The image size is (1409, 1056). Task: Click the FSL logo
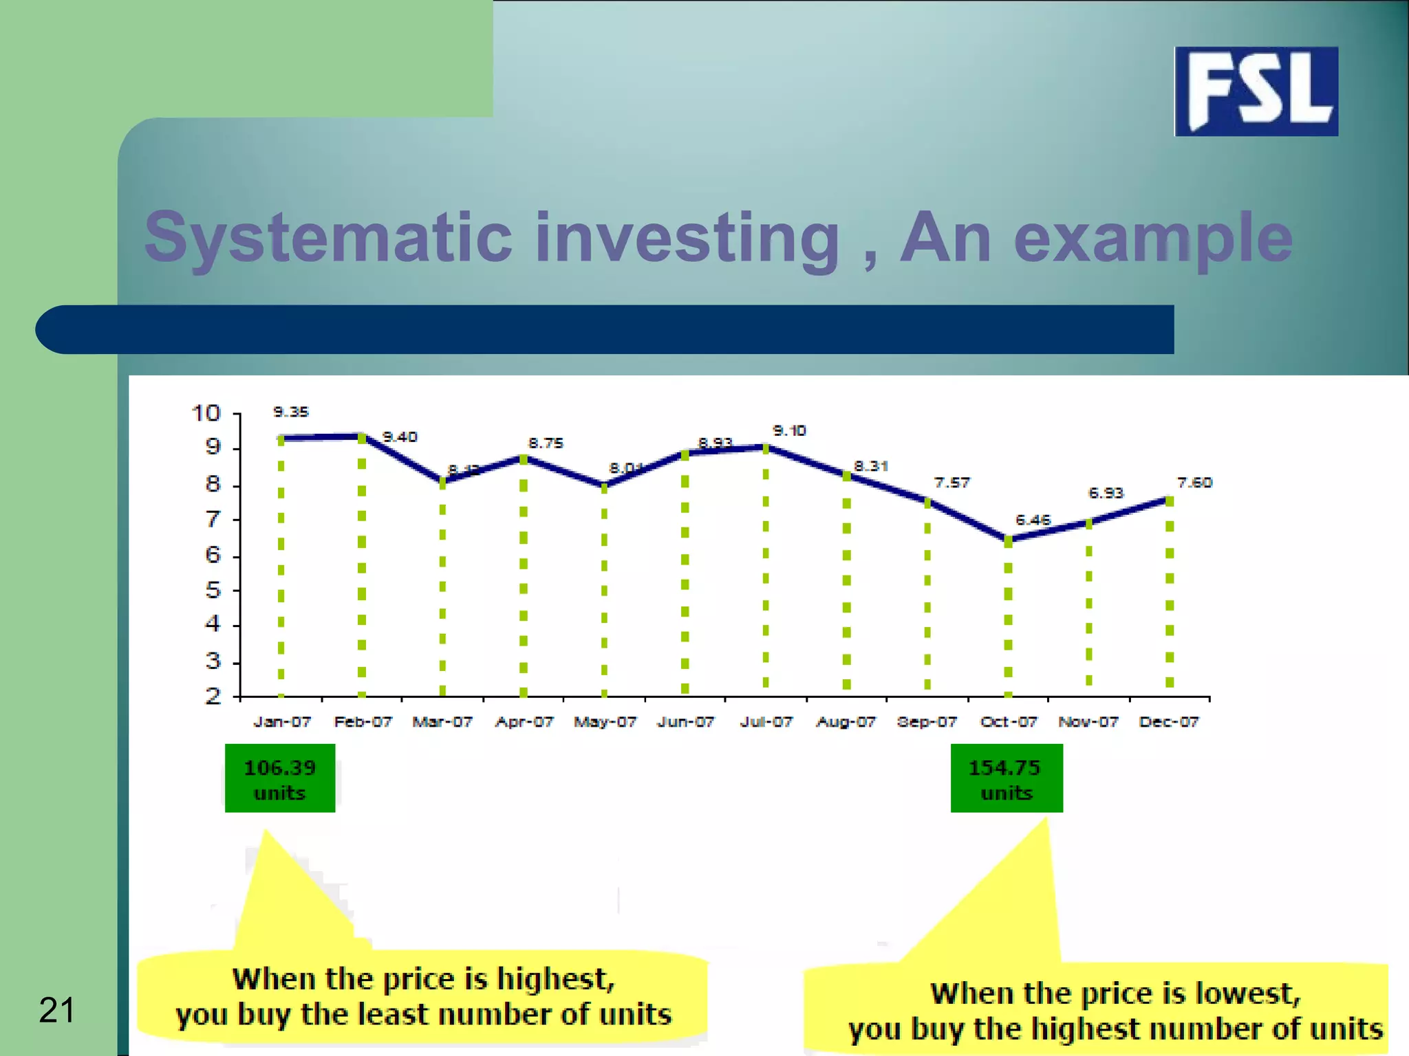1256,91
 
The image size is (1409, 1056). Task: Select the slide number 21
56,1010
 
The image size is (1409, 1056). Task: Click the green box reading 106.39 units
280,778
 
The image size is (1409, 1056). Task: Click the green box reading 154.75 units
1006,778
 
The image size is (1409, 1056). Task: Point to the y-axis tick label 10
205,413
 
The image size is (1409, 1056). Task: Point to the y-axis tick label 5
213,590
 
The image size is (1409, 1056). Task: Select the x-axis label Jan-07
282,722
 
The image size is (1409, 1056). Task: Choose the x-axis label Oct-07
1008,722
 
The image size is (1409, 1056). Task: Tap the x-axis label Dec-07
1169,722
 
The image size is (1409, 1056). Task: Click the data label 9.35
291,412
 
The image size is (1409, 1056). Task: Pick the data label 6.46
1033,520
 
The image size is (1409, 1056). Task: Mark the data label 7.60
1194,483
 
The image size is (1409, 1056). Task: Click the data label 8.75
546,443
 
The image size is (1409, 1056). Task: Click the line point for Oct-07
1008,540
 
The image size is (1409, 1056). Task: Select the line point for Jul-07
766,448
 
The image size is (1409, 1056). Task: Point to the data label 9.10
789,430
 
